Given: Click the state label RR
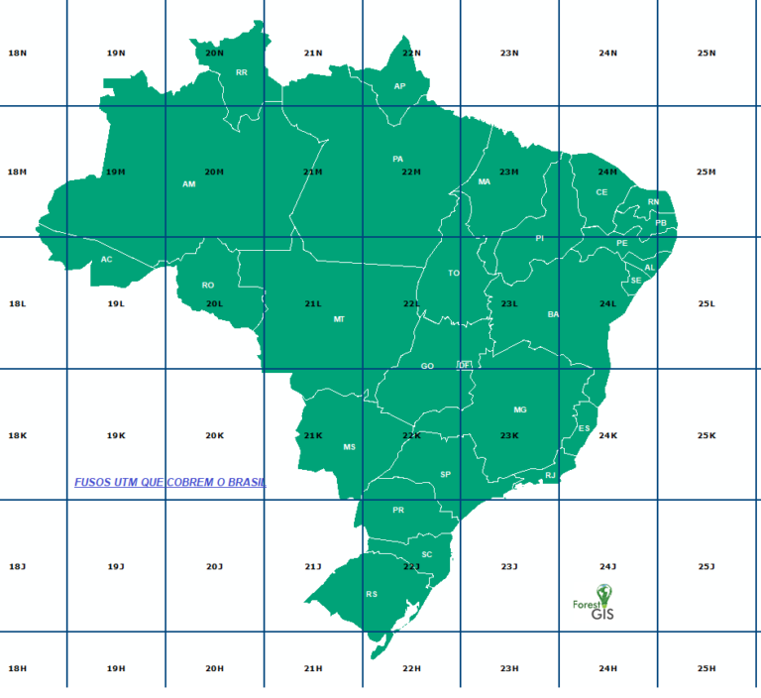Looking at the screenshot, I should (x=242, y=72).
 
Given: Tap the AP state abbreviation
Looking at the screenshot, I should (x=400, y=86).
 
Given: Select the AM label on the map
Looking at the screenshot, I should (x=189, y=183).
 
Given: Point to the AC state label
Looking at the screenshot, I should (x=107, y=260).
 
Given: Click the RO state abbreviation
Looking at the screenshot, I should (x=208, y=285).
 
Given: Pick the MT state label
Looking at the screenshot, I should (x=339, y=319).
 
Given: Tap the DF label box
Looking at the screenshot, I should (x=463, y=365).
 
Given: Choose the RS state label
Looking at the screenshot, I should (x=372, y=594).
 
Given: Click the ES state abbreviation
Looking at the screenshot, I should (x=584, y=428).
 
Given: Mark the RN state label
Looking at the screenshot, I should (x=653, y=202).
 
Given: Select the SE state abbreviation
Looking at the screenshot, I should (x=636, y=281).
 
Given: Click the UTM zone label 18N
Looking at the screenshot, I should (x=17, y=53).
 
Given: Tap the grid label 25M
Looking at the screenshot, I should (x=707, y=172).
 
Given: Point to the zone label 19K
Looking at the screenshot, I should (x=116, y=435).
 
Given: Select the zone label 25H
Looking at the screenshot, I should (x=707, y=668).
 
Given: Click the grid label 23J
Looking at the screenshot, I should (x=509, y=566).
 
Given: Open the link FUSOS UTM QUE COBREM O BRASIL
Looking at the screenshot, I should (x=170, y=482).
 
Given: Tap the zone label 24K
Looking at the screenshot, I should (x=608, y=435).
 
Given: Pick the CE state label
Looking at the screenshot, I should (x=601, y=192).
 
